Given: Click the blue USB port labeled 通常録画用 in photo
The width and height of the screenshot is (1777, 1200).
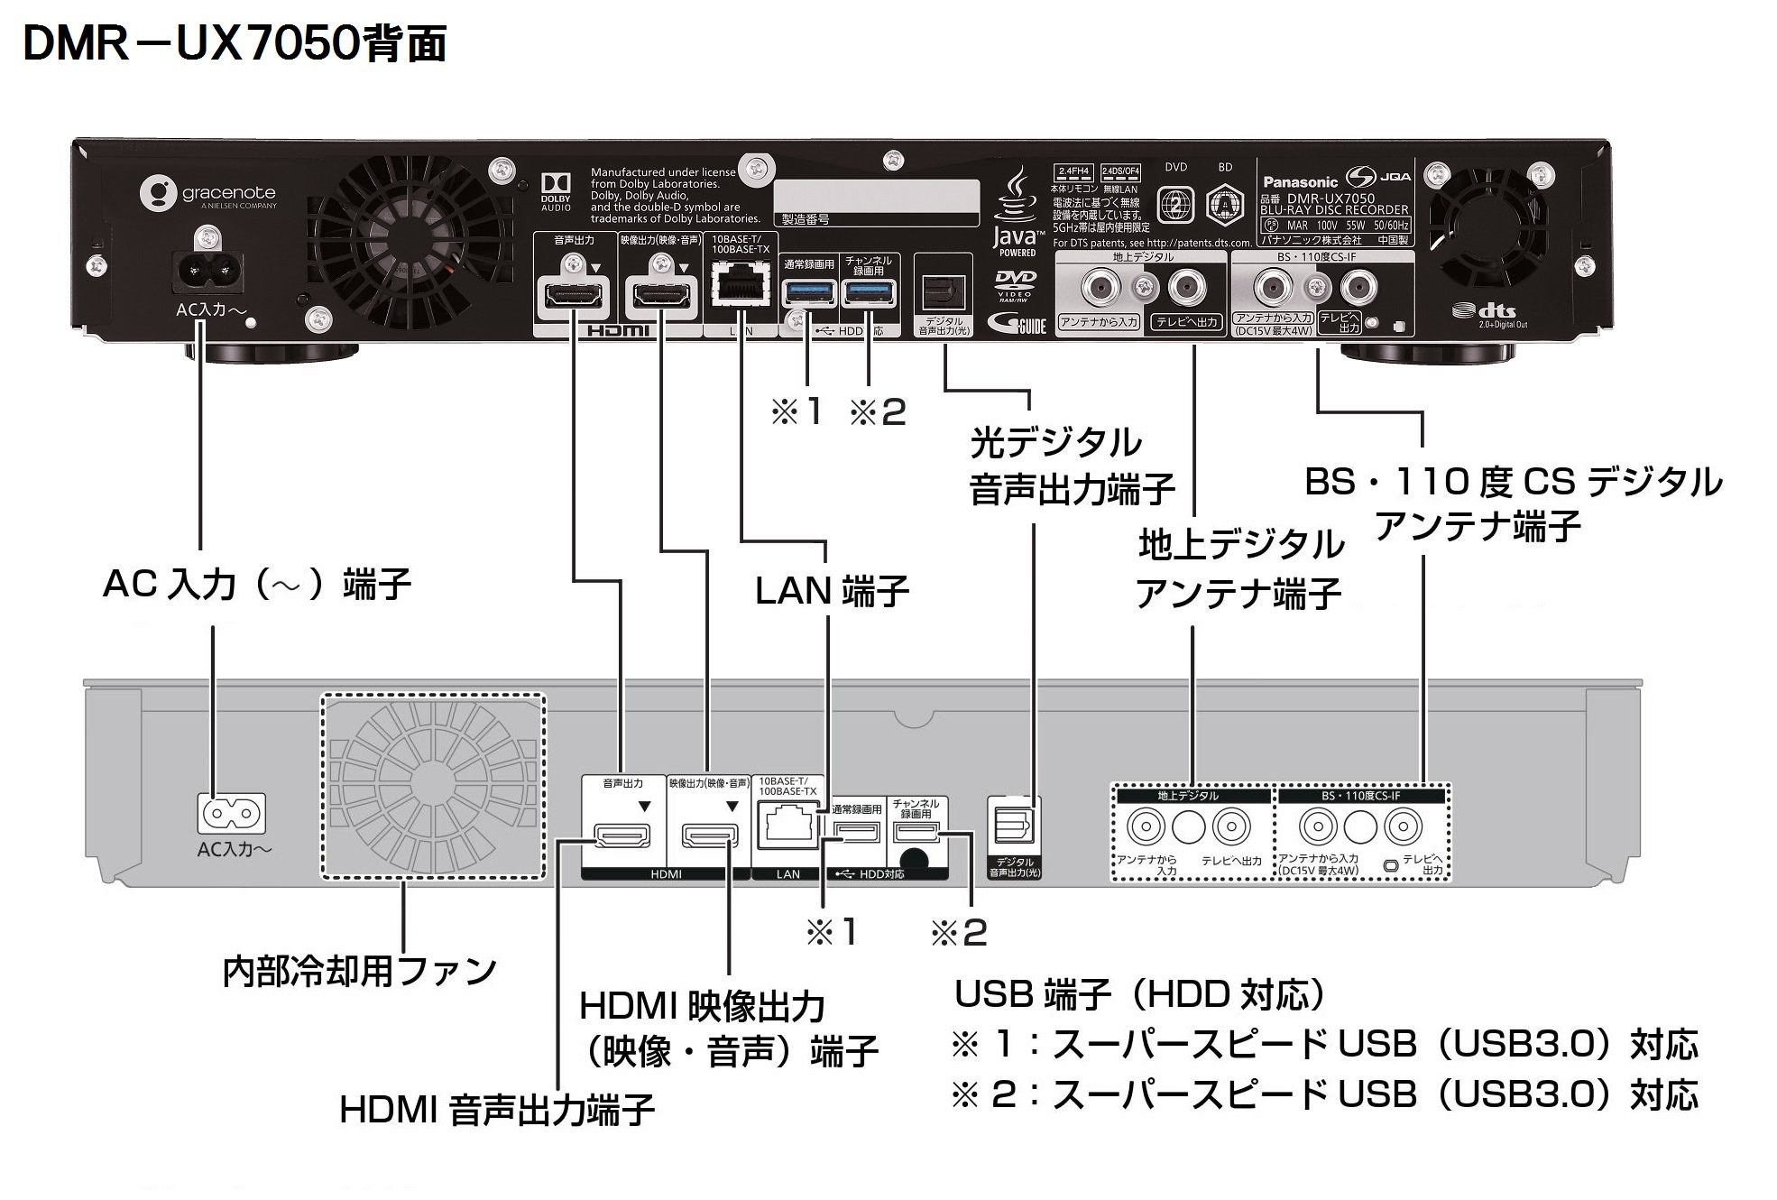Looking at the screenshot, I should pyautogui.click(x=809, y=292).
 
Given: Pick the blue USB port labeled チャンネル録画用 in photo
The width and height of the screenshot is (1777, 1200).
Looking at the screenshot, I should pyautogui.click(x=869, y=292).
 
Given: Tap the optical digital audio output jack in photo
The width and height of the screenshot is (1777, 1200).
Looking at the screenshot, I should pyautogui.click(x=944, y=291).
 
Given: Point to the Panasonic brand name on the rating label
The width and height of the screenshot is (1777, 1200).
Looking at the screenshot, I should pyautogui.click(x=1300, y=181).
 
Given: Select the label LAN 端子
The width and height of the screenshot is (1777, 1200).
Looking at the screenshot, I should pyautogui.click(x=831, y=591).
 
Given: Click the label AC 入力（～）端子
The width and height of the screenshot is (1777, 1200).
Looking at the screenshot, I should pyautogui.click(x=257, y=584).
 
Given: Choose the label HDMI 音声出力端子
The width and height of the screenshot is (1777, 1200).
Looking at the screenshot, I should pyautogui.click(x=496, y=1110).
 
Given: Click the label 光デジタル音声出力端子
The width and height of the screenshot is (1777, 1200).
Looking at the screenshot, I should pyautogui.click(x=1071, y=466).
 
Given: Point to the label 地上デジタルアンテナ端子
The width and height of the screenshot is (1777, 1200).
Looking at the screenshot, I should pyautogui.click(x=1239, y=569).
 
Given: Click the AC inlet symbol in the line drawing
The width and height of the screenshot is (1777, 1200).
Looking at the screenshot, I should pyautogui.click(x=233, y=813).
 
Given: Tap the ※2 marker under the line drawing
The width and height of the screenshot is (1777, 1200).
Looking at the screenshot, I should pyautogui.click(x=959, y=932).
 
